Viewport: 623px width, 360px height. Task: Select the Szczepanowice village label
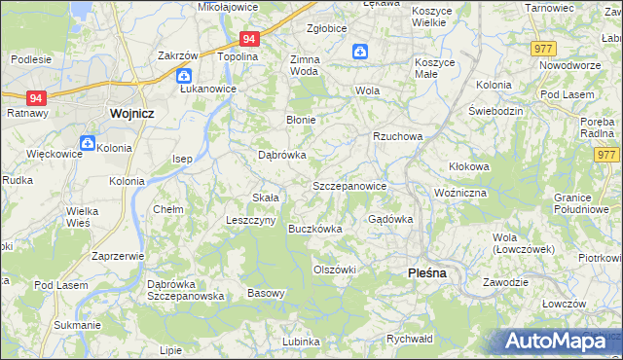[349, 185]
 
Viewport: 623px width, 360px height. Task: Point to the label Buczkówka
[315, 229]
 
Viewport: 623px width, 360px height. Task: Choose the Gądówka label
[389, 219]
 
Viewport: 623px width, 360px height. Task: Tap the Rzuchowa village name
[397, 136]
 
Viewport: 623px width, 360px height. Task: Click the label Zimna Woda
[305, 65]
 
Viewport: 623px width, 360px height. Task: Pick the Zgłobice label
[327, 28]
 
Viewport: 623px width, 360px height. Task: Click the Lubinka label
[301, 342]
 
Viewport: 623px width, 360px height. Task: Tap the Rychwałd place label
[409, 339]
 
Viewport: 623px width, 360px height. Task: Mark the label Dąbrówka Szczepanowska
[186, 289]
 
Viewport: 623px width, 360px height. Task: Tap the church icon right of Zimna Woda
[360, 52]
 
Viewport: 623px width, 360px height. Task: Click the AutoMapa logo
[561, 342]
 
